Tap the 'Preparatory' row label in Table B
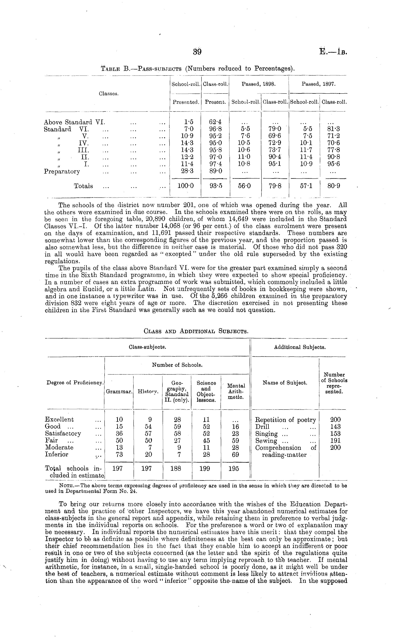[x=62, y=171]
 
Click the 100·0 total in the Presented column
[x=185, y=186]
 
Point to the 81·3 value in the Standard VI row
[x=334, y=129]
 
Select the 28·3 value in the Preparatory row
[x=185, y=171]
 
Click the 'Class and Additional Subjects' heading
[x=196, y=331]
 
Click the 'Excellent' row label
[x=59, y=419]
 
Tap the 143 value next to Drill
[x=335, y=427]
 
